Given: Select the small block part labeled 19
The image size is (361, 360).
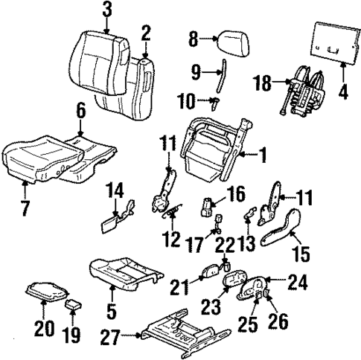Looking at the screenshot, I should coord(73,305).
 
